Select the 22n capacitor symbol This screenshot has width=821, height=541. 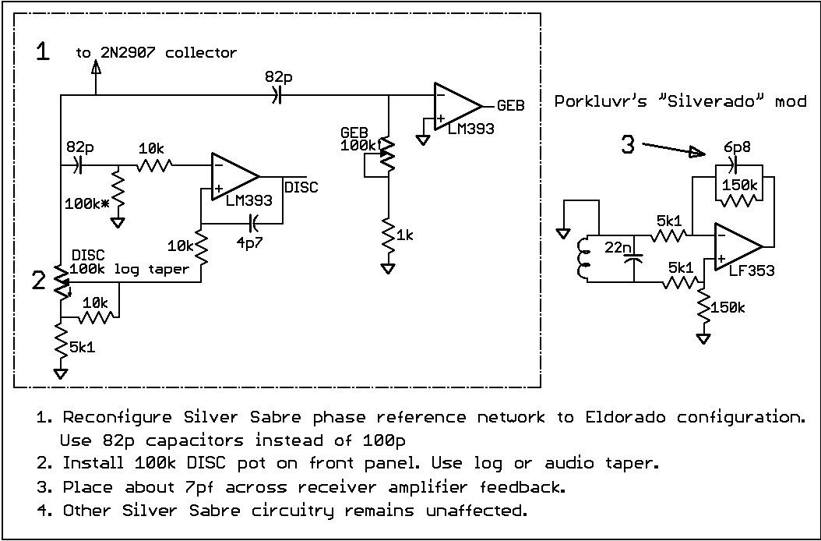[x=633, y=259]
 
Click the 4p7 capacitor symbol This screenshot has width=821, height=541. [x=253, y=223]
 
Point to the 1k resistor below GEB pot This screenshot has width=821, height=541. [x=388, y=235]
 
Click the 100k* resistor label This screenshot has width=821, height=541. [x=87, y=204]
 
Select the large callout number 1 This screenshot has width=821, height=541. [x=44, y=51]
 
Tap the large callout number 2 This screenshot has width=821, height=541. [x=39, y=281]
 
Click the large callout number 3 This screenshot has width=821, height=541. [x=628, y=144]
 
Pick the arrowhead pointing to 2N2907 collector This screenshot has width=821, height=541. [x=96, y=68]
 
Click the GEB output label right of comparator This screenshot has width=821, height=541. [x=510, y=105]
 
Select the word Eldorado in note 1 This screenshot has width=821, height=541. [x=625, y=417]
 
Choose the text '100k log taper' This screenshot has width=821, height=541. [x=129, y=270]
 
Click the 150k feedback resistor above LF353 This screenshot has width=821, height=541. [x=740, y=200]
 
